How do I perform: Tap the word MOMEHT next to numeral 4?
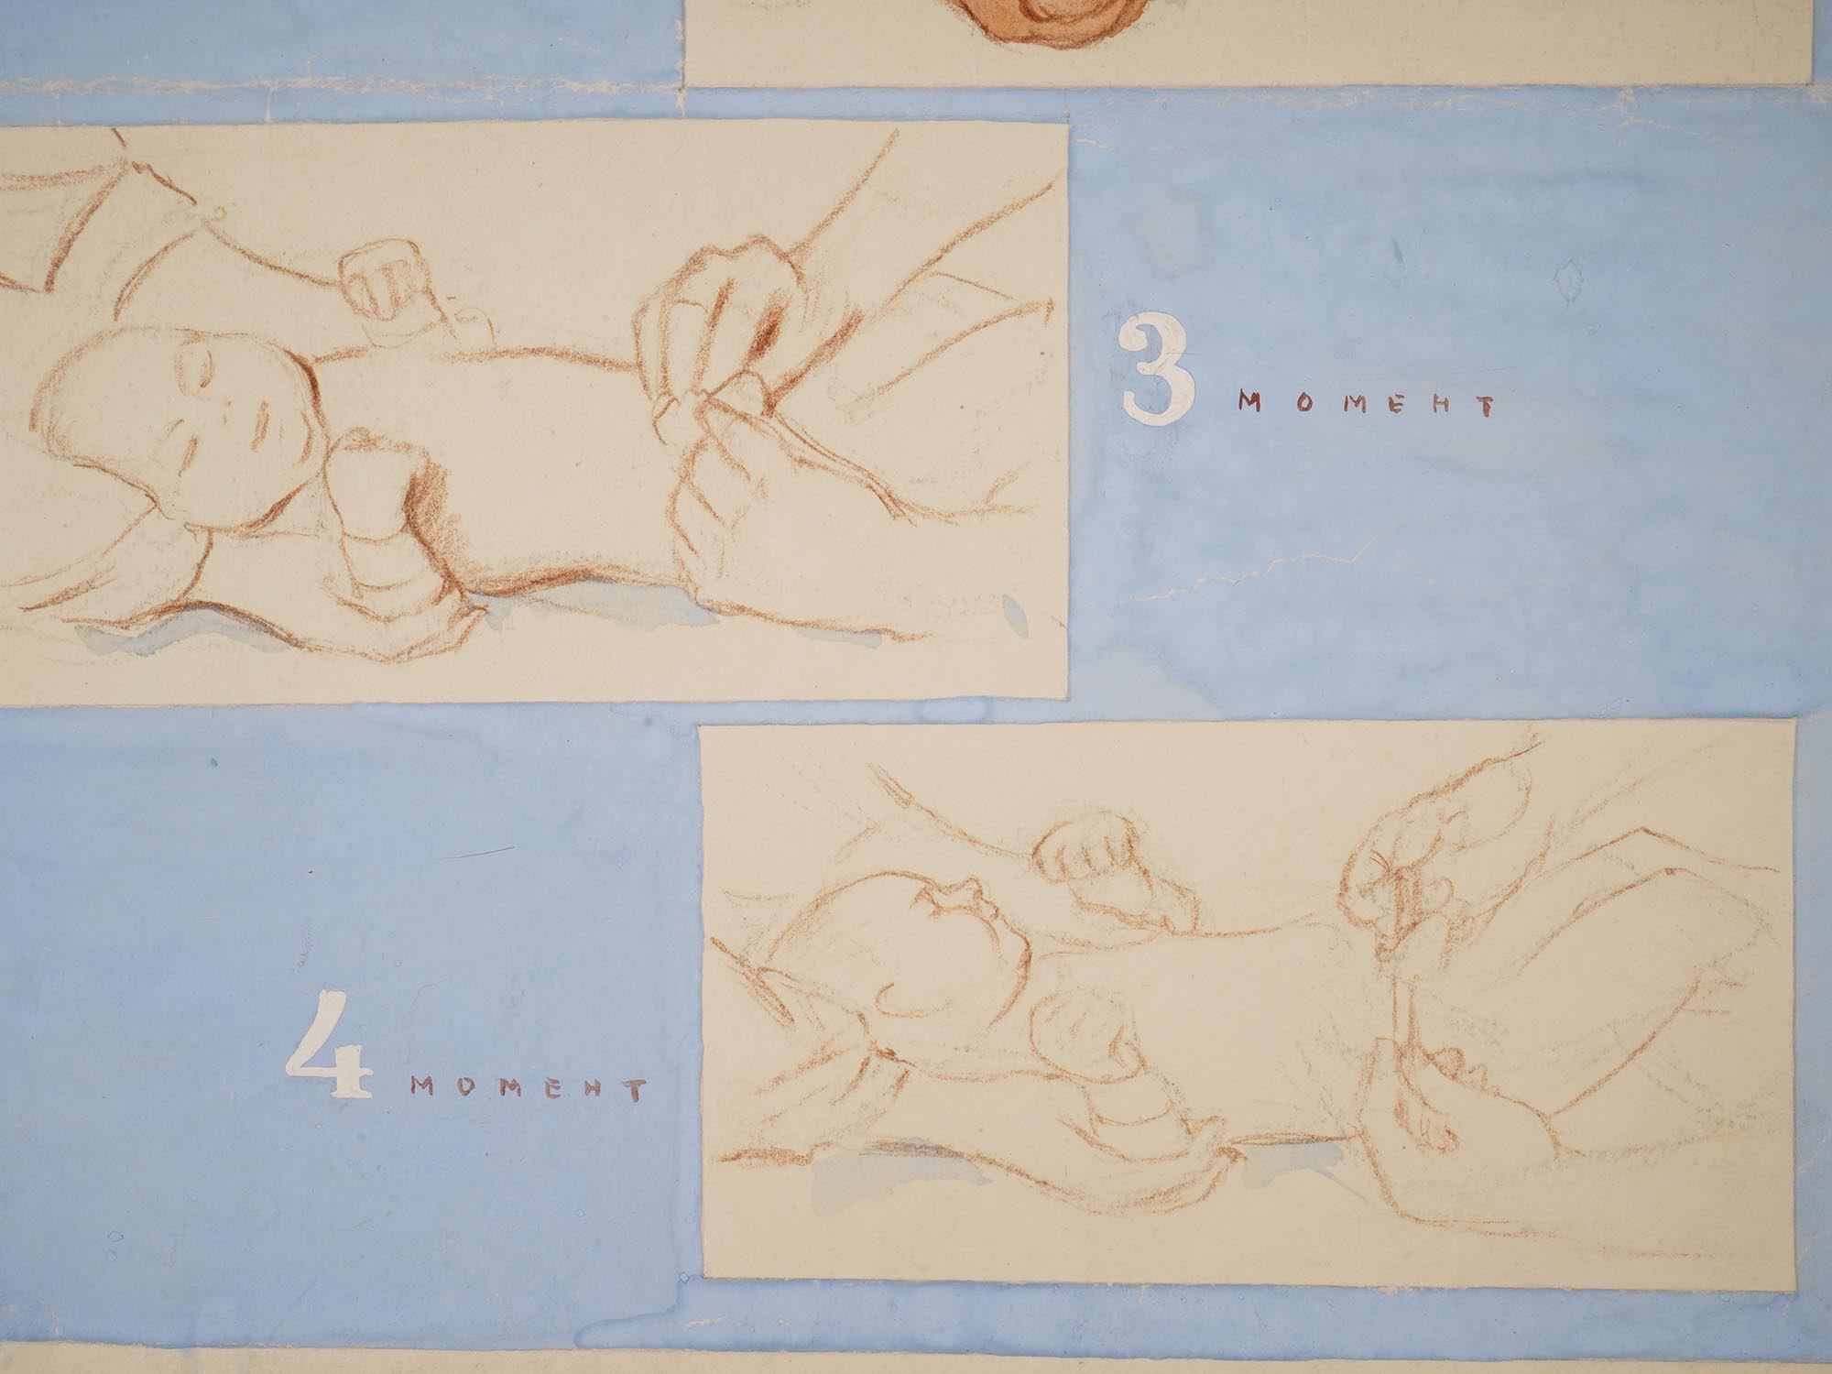click(529, 1089)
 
